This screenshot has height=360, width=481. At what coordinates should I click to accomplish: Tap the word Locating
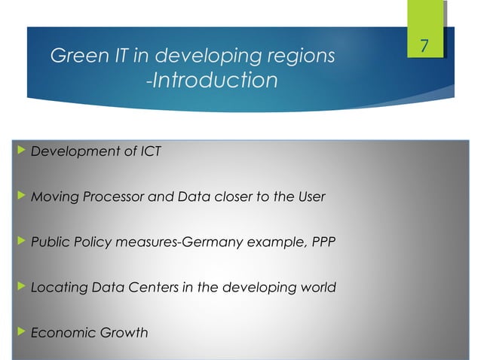click(56, 288)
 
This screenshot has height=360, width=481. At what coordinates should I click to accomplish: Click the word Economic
click(59, 332)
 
